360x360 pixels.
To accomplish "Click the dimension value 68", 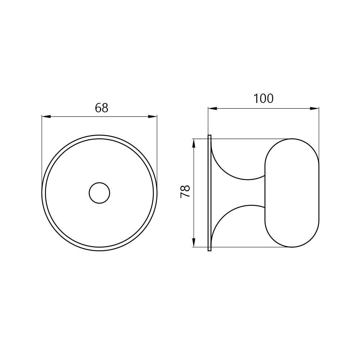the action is [102, 108].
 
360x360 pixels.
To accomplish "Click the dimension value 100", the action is [264, 99].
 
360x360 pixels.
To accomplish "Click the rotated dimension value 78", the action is [185, 191].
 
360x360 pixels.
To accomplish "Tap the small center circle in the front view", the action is [99, 193].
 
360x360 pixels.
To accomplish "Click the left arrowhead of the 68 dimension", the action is [46, 117].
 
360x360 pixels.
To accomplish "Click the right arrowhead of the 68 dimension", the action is [153, 117].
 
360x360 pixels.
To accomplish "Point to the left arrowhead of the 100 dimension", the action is [213, 108].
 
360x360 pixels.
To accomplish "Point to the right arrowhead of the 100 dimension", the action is [315, 108].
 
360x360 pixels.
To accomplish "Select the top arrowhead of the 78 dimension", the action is [194, 143].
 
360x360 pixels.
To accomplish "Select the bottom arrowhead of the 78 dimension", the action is [194, 243].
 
